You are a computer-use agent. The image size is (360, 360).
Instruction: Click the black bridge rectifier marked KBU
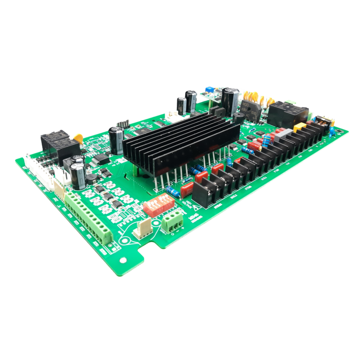(x=247, y=110)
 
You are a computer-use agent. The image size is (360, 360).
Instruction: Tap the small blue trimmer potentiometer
(x=209, y=88)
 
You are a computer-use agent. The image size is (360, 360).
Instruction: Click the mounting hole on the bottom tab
(x=121, y=260)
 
